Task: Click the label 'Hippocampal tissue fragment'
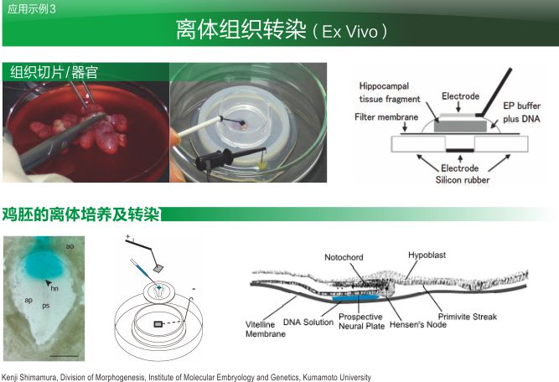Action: [x=390, y=93]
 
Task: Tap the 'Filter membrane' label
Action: [x=386, y=117]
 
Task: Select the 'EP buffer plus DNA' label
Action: [x=521, y=112]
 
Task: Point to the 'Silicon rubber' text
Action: [x=463, y=180]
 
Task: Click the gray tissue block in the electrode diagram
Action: [x=460, y=126]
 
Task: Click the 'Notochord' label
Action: [x=344, y=257]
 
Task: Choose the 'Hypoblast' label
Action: [x=427, y=256]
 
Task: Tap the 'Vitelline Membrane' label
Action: [x=266, y=329]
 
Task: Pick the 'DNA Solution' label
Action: [x=308, y=323]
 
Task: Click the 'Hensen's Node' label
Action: [x=418, y=325]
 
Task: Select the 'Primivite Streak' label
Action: [x=468, y=317]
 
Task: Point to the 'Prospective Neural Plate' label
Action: [x=361, y=322]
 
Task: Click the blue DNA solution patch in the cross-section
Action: [x=355, y=298]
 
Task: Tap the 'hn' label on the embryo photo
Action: [x=54, y=288]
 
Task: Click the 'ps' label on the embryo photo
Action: [x=45, y=306]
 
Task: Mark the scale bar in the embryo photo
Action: [x=65, y=356]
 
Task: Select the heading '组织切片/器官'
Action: [x=54, y=72]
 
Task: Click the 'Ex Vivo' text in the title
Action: [x=349, y=32]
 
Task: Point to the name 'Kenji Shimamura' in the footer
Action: [x=29, y=377]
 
